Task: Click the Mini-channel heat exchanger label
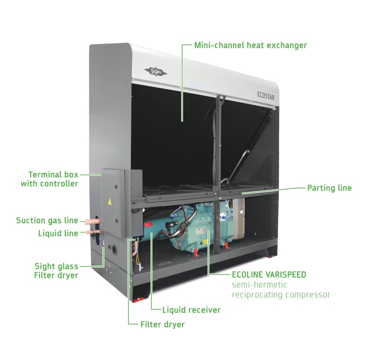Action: coord(250,45)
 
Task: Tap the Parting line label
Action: coord(329,188)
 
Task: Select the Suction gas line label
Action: coord(47,220)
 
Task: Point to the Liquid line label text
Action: coord(58,233)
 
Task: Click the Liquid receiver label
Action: coord(191,310)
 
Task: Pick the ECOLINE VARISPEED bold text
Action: coord(269,275)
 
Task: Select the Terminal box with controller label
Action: coord(53,179)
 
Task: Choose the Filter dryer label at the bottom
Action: coord(162,324)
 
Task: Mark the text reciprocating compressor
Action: coord(281,295)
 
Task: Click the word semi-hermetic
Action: coord(259,285)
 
